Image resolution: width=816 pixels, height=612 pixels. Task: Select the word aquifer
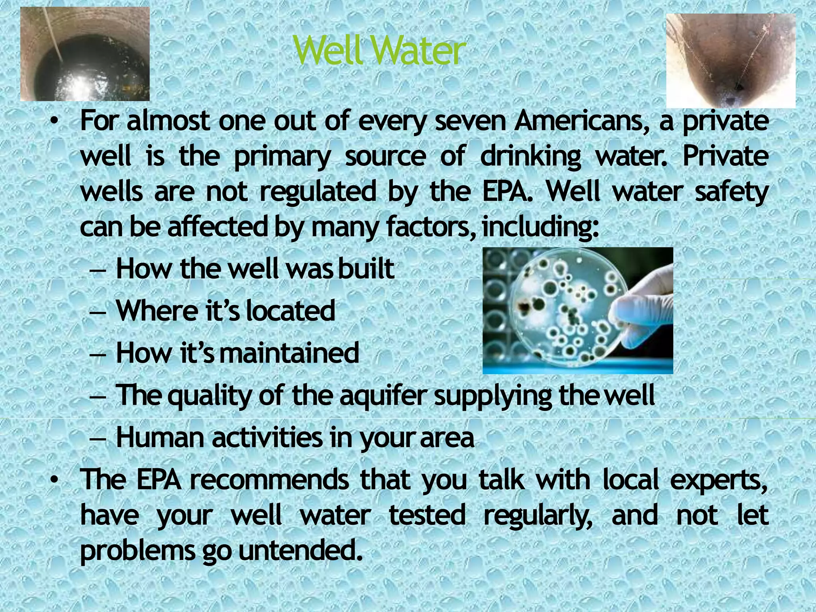click(x=384, y=396)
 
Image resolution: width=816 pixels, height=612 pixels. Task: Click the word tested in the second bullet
click(x=427, y=515)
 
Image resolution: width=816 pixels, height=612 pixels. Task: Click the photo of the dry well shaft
click(x=731, y=61)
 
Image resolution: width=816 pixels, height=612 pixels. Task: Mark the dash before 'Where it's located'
click(x=98, y=312)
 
